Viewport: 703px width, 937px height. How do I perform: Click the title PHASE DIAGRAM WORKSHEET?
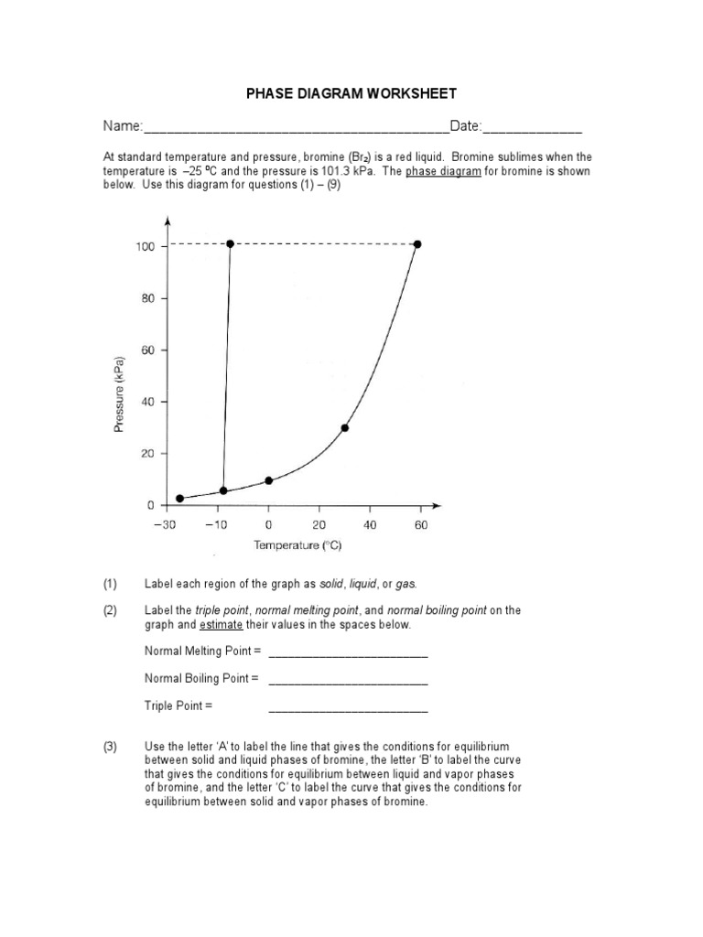[x=351, y=94]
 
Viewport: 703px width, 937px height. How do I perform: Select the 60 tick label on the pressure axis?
[x=146, y=350]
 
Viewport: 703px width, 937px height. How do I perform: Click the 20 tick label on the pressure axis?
[x=146, y=454]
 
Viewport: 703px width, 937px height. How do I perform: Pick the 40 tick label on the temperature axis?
[x=370, y=525]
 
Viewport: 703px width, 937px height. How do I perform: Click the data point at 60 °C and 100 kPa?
[x=418, y=243]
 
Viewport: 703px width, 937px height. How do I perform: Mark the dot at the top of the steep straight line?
[x=230, y=243]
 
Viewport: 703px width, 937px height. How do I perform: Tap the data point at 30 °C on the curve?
[x=344, y=427]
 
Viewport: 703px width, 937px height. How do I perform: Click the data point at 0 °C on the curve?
[x=268, y=480]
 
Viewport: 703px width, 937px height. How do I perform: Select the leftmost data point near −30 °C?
[x=179, y=499]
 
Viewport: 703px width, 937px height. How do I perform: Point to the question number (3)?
[x=111, y=748]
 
